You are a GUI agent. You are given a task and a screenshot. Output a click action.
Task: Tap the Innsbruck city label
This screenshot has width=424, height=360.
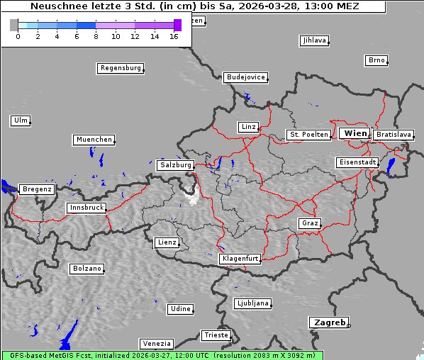point(87,208)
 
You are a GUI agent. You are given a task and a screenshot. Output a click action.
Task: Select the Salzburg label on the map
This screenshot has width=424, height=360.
point(175,164)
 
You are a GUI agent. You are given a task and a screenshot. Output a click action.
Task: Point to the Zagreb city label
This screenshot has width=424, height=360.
point(328,322)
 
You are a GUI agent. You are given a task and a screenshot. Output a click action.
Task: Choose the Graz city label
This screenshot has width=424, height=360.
point(309,223)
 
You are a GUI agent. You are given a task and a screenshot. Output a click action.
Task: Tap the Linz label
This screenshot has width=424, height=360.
point(247,127)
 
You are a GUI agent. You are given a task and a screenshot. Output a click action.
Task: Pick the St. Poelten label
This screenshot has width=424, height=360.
point(308,134)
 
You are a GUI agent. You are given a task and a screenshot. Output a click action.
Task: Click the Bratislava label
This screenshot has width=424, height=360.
point(393,134)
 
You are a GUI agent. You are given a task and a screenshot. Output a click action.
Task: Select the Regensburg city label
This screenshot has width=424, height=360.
point(120,68)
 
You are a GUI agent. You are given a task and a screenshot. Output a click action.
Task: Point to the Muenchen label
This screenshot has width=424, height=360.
point(94,140)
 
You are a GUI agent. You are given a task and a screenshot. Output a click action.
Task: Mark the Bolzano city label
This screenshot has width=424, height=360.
point(87,269)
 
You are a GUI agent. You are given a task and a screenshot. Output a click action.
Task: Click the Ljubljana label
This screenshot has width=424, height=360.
point(252,303)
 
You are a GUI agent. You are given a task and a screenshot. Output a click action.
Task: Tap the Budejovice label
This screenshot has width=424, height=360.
point(245,77)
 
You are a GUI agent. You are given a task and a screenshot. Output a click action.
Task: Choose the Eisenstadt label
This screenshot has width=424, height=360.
point(357,162)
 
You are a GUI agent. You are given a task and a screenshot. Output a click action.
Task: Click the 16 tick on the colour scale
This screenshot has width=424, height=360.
point(174,36)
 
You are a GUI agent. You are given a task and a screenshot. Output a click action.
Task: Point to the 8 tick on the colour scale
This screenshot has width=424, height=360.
point(96,36)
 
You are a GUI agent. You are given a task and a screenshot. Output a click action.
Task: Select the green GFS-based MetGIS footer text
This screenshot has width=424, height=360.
point(162,355)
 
